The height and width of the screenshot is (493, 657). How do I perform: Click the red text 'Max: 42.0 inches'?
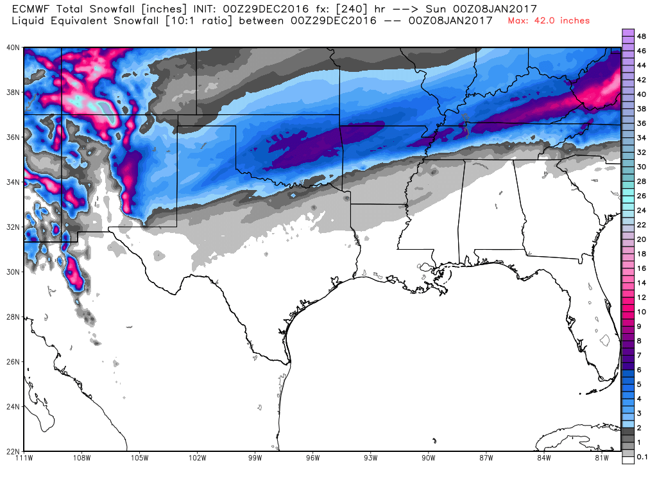pos(549,21)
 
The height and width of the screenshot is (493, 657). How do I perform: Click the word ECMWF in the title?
pos(31,8)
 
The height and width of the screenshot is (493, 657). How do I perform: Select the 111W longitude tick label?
pos(24,458)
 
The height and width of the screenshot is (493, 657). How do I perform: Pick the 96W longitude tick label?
pos(313,458)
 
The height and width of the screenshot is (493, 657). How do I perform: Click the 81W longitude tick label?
pos(602,458)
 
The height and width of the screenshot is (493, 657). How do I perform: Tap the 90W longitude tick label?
pos(429,458)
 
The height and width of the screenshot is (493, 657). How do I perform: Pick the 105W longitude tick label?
pos(140,458)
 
